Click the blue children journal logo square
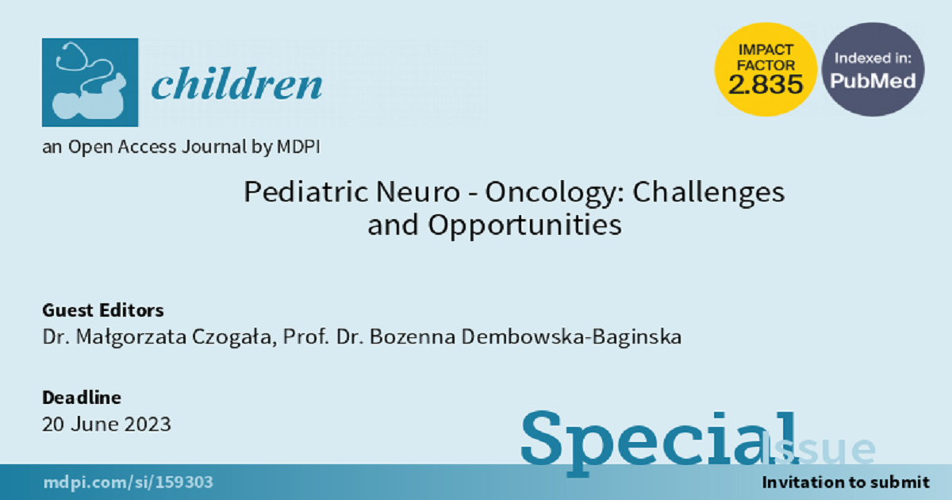(90, 83)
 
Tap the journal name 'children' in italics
(236, 83)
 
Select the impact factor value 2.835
(766, 84)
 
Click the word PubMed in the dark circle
(873, 81)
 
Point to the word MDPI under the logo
(298, 147)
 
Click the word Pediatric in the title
(306, 192)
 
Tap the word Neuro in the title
(418, 192)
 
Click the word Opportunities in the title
(525, 225)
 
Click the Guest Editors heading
(103, 310)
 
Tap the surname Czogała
(234, 337)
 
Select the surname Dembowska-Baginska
(572, 337)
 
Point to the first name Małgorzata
(132, 337)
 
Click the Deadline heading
(82, 398)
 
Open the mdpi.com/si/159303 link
(128, 483)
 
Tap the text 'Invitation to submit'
(846, 483)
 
